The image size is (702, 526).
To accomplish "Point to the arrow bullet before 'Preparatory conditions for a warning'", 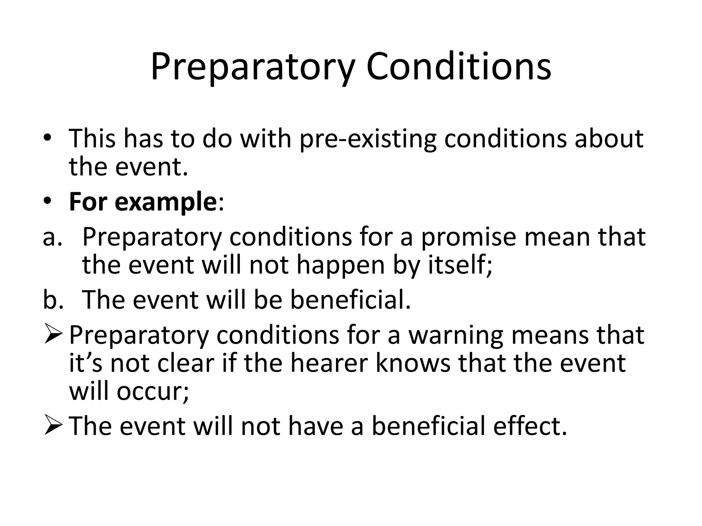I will click(53, 336).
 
